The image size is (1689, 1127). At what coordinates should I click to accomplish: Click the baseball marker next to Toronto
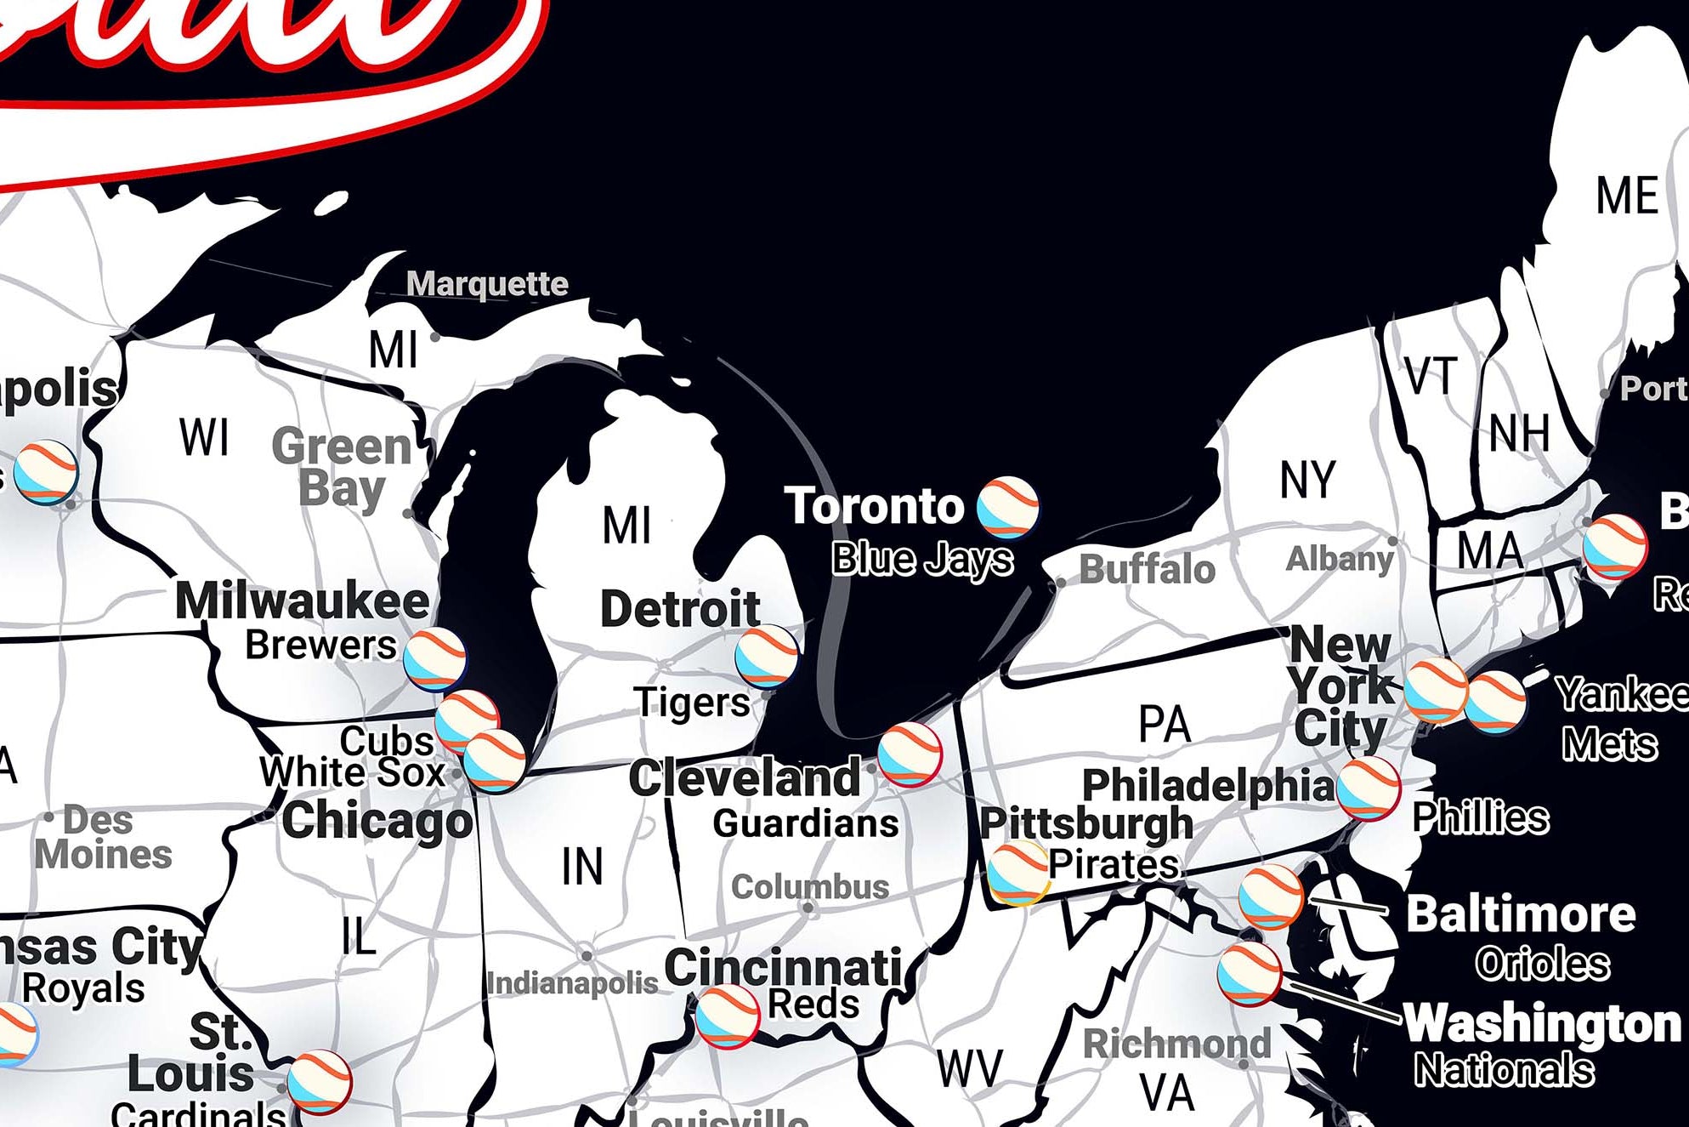[1007, 507]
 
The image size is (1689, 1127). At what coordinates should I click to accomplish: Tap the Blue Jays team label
[922, 559]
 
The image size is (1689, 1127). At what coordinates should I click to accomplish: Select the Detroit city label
[680, 609]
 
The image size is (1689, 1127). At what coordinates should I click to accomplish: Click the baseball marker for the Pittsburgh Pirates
[1017, 873]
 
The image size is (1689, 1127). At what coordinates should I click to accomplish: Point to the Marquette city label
[487, 283]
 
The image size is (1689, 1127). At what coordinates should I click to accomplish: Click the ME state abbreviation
[1627, 196]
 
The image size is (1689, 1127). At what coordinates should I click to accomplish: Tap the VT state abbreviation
[1431, 376]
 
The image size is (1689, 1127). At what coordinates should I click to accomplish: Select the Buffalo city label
[1147, 569]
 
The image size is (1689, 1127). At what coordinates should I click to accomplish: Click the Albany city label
[1340, 559]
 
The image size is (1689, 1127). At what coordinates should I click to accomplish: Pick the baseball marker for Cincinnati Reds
[727, 1016]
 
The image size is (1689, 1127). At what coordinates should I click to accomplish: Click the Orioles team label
[1542, 964]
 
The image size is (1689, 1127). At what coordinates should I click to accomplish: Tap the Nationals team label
[1504, 1069]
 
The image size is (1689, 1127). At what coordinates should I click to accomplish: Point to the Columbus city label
[810, 887]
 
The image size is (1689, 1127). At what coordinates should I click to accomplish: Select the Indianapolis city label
[572, 983]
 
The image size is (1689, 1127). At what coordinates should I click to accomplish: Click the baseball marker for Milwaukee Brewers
[434, 658]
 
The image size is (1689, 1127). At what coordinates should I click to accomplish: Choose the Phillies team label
[1480, 817]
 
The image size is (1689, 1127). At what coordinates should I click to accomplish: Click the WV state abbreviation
[970, 1068]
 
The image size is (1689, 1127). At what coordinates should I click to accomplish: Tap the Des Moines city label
[104, 838]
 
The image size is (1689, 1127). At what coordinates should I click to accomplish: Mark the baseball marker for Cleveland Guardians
[910, 754]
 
